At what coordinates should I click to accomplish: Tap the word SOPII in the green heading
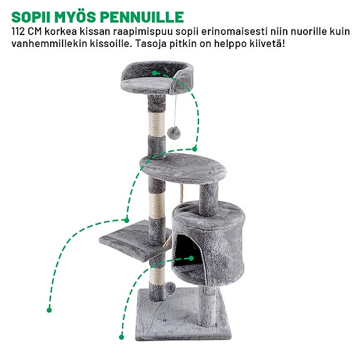coord(31,16)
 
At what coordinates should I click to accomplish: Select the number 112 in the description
coord(21,31)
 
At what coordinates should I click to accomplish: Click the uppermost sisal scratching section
coord(157,122)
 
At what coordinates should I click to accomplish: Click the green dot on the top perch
coord(154,73)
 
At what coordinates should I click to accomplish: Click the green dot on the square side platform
coord(128,220)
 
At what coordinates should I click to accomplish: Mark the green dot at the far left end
coord(49,309)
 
